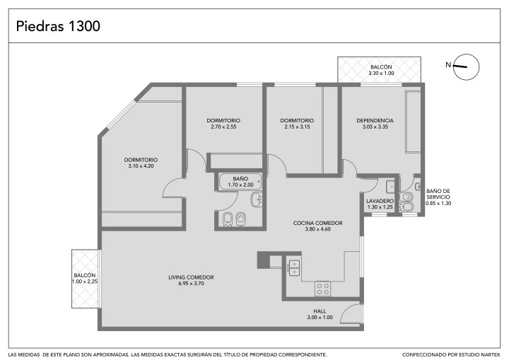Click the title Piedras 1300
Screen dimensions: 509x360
[58, 26]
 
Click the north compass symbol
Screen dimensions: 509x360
[466, 67]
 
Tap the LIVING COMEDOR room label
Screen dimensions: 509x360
[191, 277]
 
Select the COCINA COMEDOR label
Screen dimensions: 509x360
[317, 223]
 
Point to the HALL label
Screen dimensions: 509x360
[320, 311]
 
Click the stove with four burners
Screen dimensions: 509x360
[323, 289]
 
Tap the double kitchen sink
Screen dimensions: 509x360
[294, 268]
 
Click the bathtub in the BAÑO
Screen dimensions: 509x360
[240, 182]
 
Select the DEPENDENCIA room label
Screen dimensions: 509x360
[375, 120]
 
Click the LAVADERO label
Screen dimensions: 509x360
[380, 201]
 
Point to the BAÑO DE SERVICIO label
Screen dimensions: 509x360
[438, 194]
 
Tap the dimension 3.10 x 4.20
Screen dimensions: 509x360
[141, 166]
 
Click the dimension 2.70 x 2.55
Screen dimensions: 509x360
[223, 127]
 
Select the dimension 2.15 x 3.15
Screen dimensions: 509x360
[297, 127]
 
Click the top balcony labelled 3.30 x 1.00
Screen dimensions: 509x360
[379, 70]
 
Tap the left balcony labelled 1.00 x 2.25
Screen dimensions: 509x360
[85, 279]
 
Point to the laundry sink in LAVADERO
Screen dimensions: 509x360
[390, 186]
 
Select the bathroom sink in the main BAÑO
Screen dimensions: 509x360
[257, 199]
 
